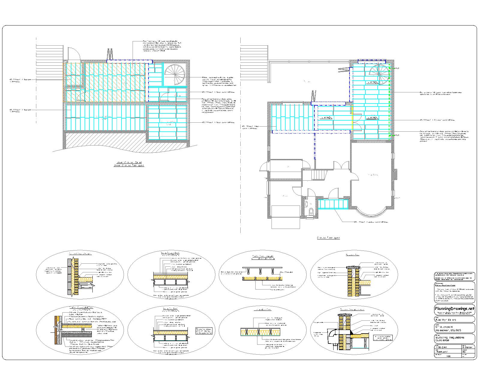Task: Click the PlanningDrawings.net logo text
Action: [x=454, y=308]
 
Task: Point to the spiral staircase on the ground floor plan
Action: [x=379, y=74]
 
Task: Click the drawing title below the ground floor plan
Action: [x=328, y=238]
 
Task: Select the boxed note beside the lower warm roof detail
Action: [x=204, y=331]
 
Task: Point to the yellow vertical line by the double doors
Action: [x=352, y=123]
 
